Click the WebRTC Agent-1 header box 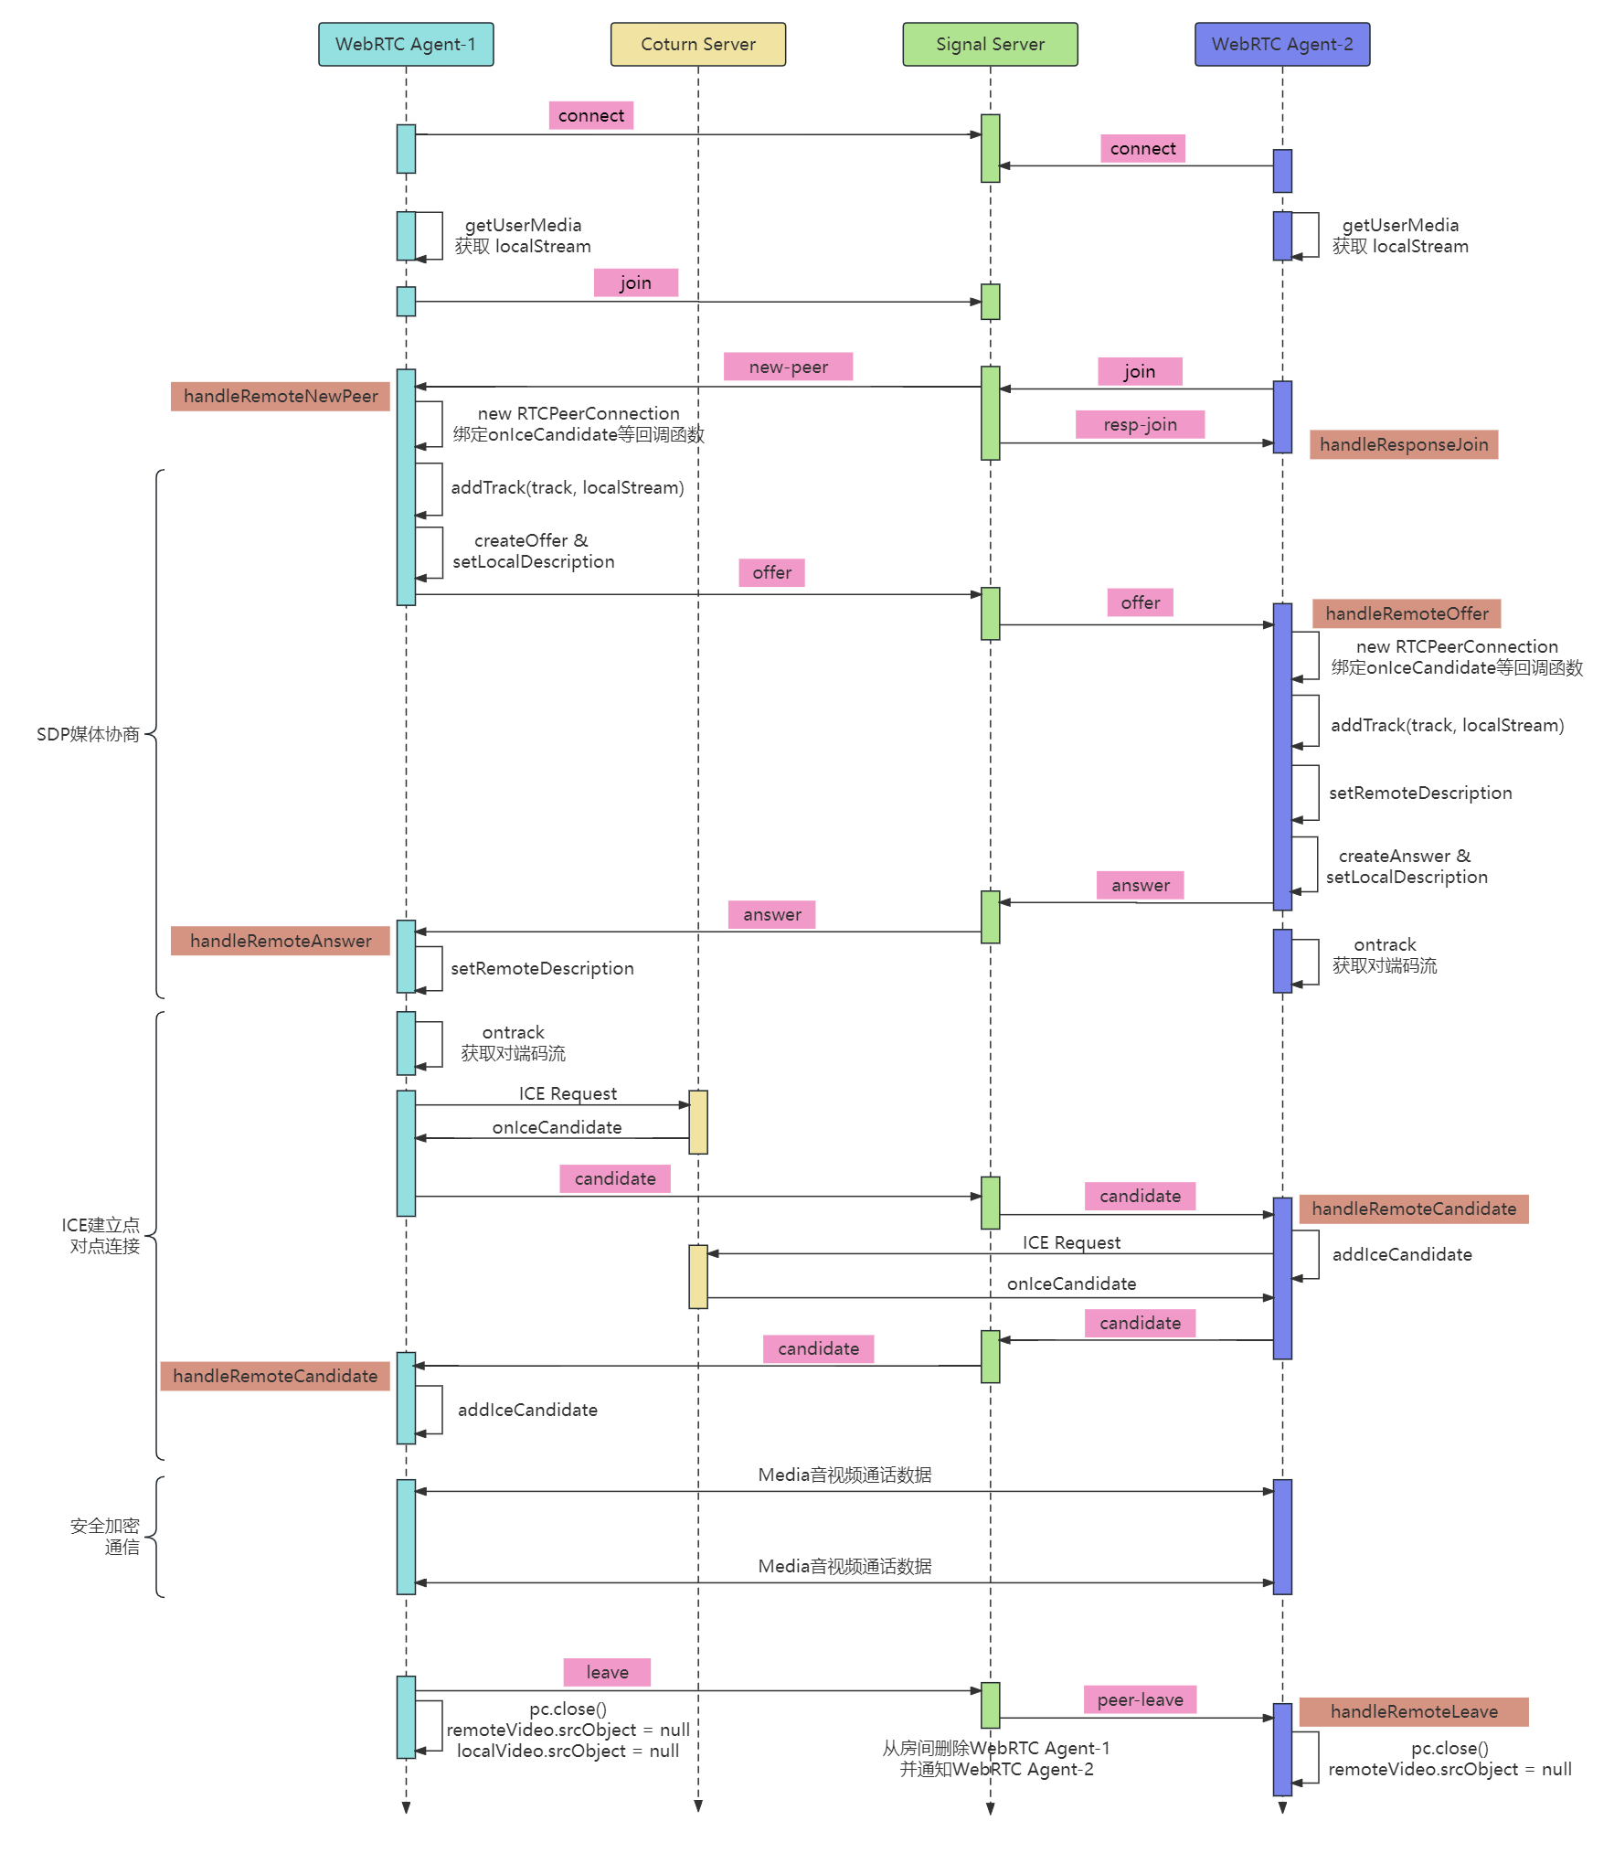click(x=406, y=44)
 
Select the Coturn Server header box click(x=698, y=44)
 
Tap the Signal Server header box click(x=990, y=44)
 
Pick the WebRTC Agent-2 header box click(x=1282, y=44)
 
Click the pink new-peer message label click(x=788, y=367)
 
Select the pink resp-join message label click(x=1140, y=424)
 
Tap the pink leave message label click(x=607, y=1672)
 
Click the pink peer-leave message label click(x=1141, y=1699)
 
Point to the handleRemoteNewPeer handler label click(x=281, y=396)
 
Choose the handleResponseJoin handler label click(x=1404, y=444)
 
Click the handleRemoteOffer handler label click(x=1407, y=613)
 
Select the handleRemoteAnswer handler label click(x=281, y=941)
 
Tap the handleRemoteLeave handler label click(x=1414, y=1711)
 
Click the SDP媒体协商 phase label click(x=88, y=734)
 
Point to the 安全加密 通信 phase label click(x=105, y=1536)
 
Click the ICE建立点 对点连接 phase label click(x=101, y=1235)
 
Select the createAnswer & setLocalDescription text click(x=1407, y=866)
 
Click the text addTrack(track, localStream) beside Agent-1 click(x=568, y=487)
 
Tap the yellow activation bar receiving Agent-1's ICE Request click(x=698, y=1122)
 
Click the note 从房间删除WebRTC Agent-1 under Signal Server click(x=996, y=1748)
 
